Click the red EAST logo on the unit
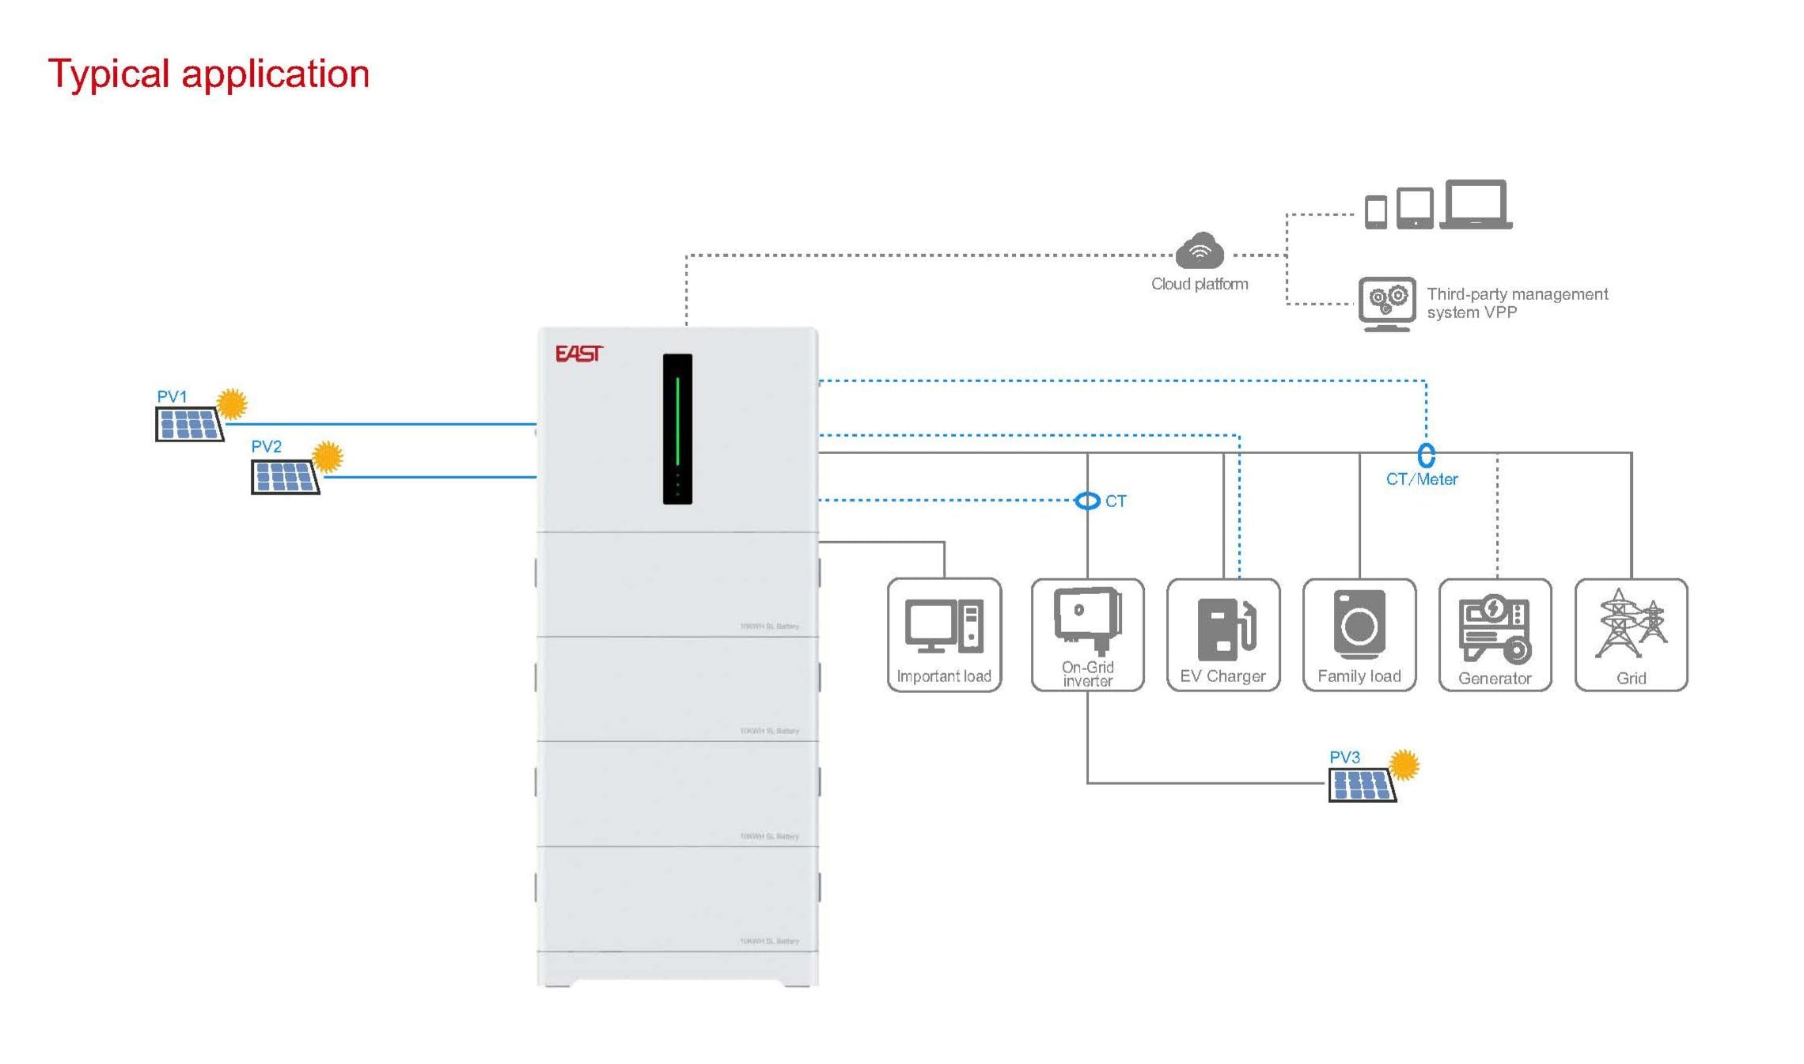pyautogui.click(x=578, y=353)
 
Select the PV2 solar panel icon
pyautogui.click(x=285, y=476)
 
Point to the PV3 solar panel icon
pyautogui.click(x=1362, y=785)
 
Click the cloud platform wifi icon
pyautogui.click(x=1200, y=252)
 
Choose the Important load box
pyautogui.click(x=944, y=634)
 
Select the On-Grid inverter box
pyautogui.click(x=1087, y=634)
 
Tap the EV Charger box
pyautogui.click(x=1223, y=634)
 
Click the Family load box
pyautogui.click(x=1359, y=634)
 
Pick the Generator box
pyautogui.click(x=1495, y=634)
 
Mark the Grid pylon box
pyautogui.click(x=1631, y=634)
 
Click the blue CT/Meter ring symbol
pyautogui.click(x=1426, y=455)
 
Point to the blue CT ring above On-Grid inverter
pyautogui.click(x=1088, y=501)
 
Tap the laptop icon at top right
pyautogui.click(x=1476, y=205)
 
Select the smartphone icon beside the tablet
pyautogui.click(x=1376, y=212)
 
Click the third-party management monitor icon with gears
pyautogui.click(x=1387, y=303)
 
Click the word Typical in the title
pyautogui.click(x=108, y=74)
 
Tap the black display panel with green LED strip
pyautogui.click(x=677, y=429)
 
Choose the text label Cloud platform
pyautogui.click(x=1200, y=284)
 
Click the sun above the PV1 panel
pyautogui.click(x=232, y=403)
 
